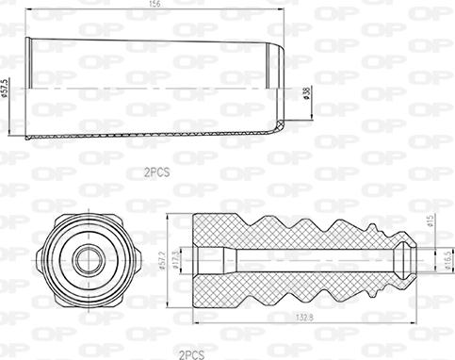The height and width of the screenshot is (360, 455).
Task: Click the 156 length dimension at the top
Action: [153, 5]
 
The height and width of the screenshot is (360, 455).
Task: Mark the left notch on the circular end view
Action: [41, 257]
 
